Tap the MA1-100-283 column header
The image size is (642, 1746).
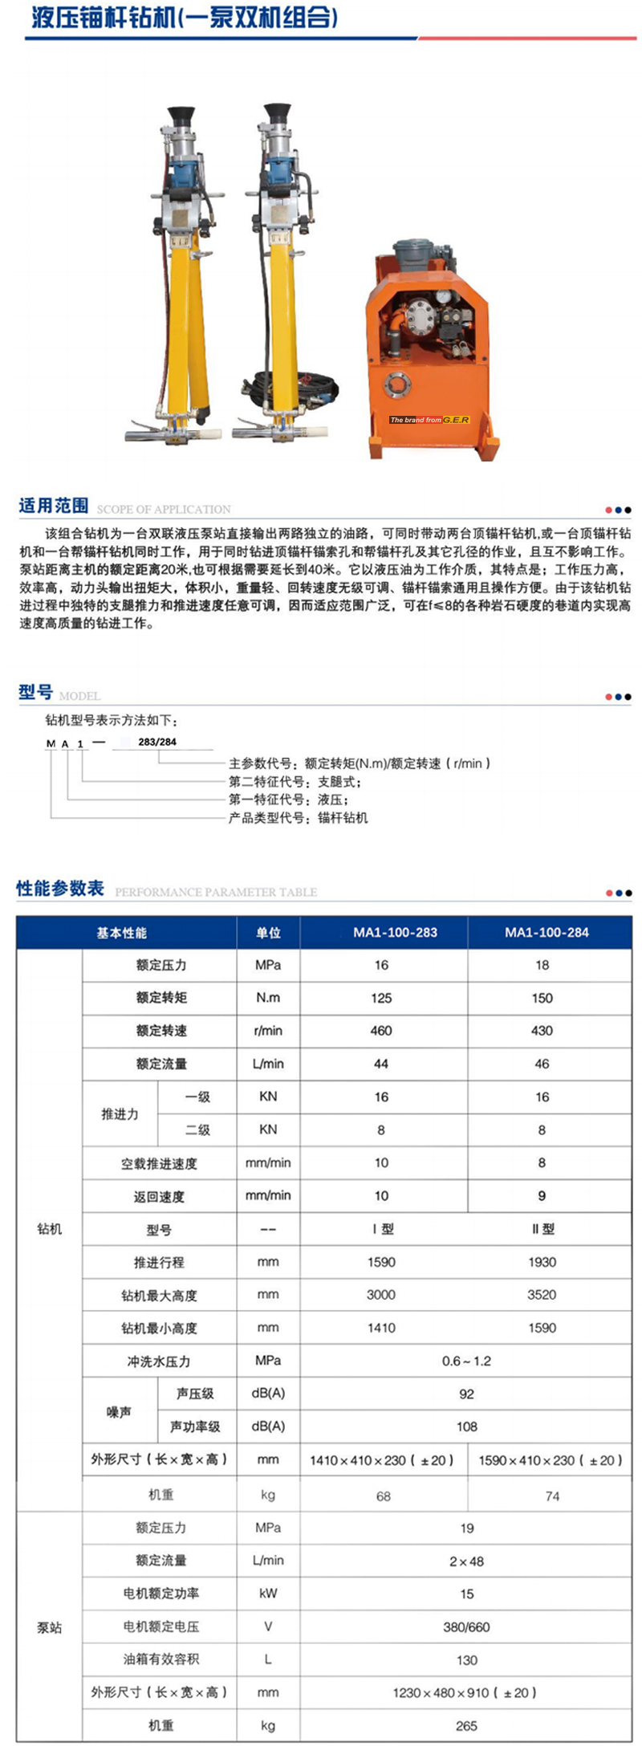[395, 932]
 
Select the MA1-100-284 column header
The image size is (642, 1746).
[547, 932]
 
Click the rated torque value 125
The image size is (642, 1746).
[381, 998]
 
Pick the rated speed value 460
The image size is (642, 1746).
[381, 1031]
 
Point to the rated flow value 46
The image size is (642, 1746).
[542, 1064]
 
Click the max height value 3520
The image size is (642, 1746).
[542, 1295]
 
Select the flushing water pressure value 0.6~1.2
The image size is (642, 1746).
[466, 1361]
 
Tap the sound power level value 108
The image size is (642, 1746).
[466, 1427]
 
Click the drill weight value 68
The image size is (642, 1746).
[384, 1496]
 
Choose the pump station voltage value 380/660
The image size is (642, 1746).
[466, 1627]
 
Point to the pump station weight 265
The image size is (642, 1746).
[466, 1725]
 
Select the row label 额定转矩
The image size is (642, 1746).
[161, 998]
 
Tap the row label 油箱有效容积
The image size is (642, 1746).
[161, 1659]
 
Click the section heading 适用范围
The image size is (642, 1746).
[54, 506]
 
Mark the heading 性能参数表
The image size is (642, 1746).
[60, 889]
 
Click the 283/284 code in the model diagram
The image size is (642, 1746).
[157, 742]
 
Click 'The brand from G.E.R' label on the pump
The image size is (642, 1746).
[429, 420]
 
